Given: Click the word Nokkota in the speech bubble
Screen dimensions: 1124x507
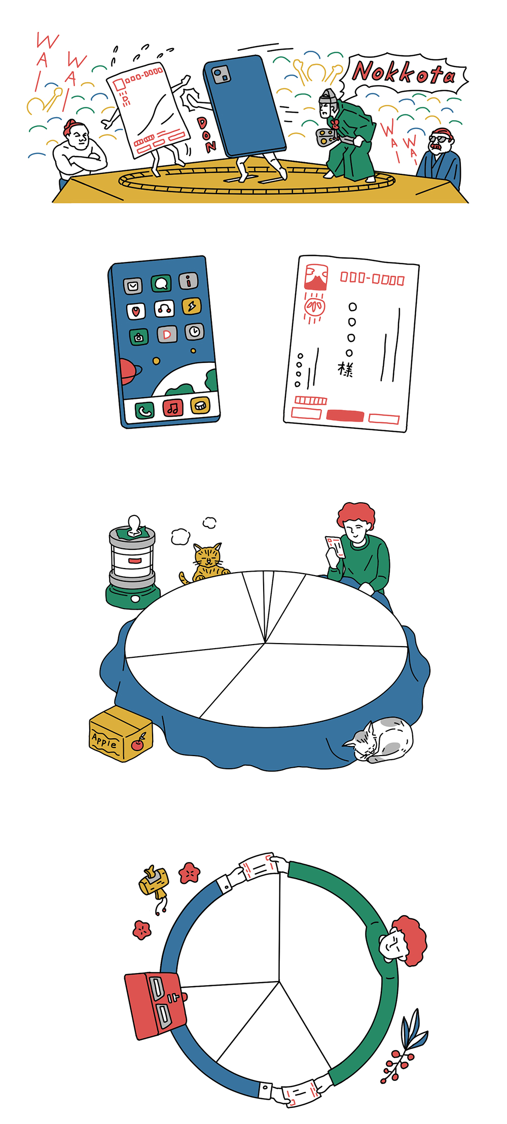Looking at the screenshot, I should point(404,73).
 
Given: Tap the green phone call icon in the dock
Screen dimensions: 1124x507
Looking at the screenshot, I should point(144,410).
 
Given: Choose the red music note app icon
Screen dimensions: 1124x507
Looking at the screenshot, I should point(173,407).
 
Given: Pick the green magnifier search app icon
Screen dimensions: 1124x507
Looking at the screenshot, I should point(161,283).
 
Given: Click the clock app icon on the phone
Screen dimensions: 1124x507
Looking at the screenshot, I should point(195,331).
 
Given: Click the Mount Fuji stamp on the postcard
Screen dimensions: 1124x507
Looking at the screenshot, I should point(316,277).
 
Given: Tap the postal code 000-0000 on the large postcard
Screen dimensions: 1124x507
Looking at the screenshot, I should point(372,279).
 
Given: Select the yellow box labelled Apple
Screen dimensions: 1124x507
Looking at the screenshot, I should point(121,733).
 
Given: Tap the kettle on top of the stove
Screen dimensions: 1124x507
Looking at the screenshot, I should point(133,528).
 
